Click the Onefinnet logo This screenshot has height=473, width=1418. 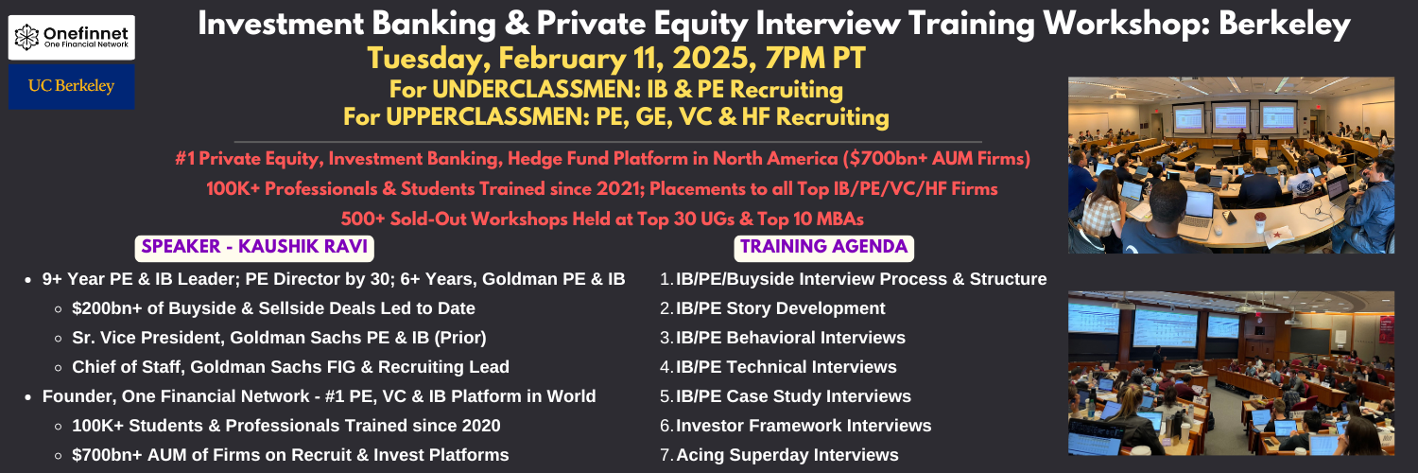click(x=72, y=37)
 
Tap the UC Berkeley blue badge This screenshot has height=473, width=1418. click(x=72, y=86)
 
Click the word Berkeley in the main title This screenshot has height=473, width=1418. click(x=1285, y=25)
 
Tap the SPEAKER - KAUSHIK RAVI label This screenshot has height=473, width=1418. click(x=254, y=247)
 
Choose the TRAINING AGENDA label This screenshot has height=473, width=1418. click(x=823, y=247)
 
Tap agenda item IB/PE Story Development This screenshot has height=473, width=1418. click(x=781, y=308)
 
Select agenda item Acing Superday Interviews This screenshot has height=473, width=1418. click(x=787, y=455)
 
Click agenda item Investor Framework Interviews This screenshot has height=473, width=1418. click(x=804, y=426)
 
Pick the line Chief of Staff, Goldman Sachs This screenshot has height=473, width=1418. click(x=290, y=367)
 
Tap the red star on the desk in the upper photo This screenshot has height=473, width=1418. click(x=1276, y=236)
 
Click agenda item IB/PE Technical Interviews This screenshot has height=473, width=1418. click(x=787, y=367)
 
